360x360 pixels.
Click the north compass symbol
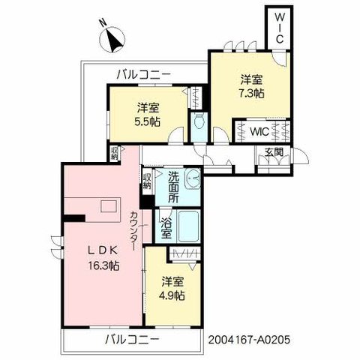click(112, 40)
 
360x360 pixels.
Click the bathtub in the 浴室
click(189, 226)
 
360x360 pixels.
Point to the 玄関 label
click(274, 152)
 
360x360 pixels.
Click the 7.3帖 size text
click(251, 94)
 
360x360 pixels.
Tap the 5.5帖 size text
click(148, 121)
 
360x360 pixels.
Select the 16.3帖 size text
click(103, 265)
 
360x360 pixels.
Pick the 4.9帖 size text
click(172, 296)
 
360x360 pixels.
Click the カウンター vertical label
click(134, 231)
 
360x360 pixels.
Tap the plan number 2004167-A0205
click(249, 340)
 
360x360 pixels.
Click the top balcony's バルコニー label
click(144, 74)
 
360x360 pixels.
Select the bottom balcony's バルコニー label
click(132, 340)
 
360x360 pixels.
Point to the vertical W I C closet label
click(280, 28)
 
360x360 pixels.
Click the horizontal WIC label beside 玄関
click(259, 131)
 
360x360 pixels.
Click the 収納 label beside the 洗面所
click(147, 181)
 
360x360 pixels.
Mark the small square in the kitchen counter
click(109, 207)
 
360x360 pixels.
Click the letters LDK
click(102, 250)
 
